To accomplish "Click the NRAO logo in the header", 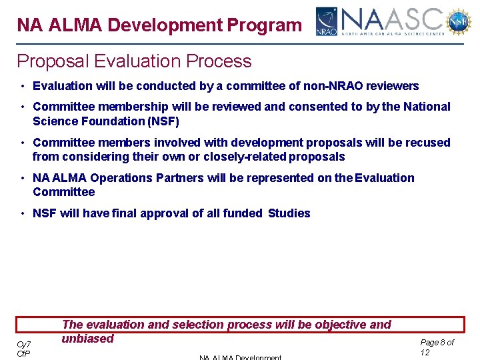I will [327, 21].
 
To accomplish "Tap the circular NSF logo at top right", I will [459, 21].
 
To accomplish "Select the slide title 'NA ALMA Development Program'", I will [159, 25].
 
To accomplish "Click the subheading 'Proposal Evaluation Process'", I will [134, 61].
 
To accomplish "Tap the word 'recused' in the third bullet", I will [428, 143].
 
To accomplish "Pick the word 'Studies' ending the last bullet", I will [289, 213].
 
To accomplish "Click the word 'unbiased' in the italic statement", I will [88, 339].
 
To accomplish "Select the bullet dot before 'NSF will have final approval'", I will [23, 213].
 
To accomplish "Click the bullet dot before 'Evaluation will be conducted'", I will [23, 86].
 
